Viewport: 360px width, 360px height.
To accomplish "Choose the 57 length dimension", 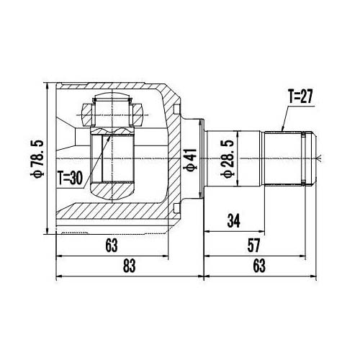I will [254, 246].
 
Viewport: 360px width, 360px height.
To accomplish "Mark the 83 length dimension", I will [129, 266].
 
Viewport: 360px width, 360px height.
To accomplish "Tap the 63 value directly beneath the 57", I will [259, 266].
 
